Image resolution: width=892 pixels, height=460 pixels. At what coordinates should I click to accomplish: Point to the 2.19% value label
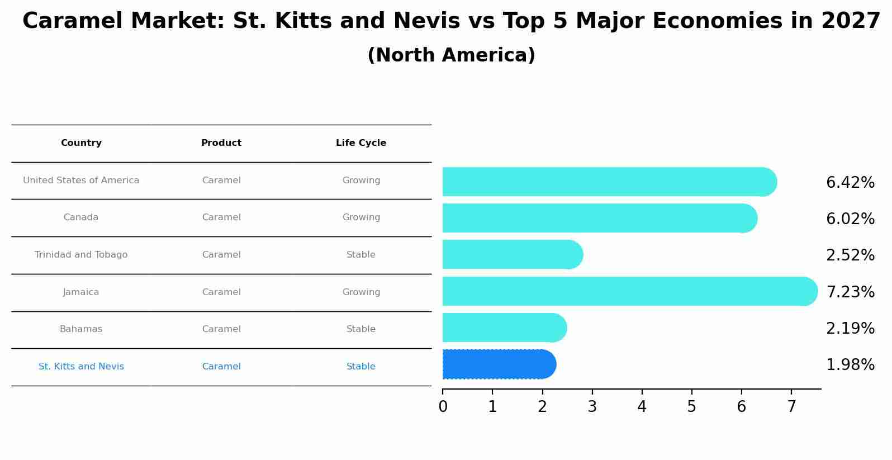850,329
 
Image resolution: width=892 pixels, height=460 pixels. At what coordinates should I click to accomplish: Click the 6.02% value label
850,219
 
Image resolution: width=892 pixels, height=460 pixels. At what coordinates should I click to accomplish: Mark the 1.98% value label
850,365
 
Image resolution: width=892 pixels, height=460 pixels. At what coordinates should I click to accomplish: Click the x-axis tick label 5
691,407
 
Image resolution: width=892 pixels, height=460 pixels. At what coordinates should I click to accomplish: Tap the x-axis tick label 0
443,407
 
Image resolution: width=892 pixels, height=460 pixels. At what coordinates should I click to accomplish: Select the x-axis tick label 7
791,407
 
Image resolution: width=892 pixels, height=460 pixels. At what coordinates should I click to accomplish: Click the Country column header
81,143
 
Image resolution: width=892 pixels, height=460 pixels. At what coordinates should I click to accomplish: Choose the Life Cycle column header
361,143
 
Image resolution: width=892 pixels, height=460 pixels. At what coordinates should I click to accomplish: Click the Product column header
221,143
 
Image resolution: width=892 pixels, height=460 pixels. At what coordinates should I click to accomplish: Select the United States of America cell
81,181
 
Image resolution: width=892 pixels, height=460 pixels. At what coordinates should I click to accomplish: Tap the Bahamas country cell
81,329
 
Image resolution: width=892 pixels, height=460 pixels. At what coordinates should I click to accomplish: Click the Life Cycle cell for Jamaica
361,292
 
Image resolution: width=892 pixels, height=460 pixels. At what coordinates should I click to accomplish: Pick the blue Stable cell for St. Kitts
361,367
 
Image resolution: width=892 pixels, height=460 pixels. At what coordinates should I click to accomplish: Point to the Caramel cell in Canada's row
221,217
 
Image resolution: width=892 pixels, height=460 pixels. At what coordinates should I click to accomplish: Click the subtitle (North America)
451,55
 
